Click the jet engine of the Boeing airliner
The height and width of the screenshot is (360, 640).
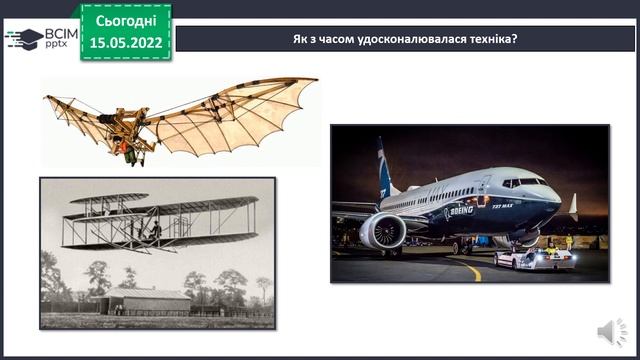(x=382, y=231)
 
